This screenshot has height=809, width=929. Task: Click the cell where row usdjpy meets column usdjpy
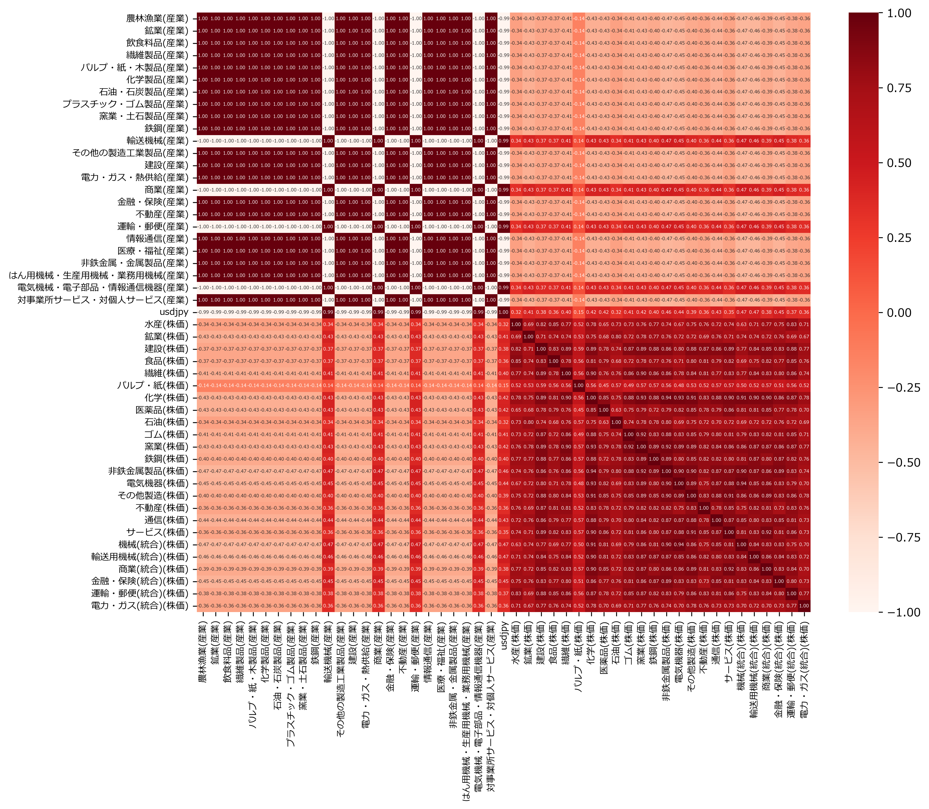503,312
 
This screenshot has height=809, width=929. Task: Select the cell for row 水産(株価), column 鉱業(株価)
528,324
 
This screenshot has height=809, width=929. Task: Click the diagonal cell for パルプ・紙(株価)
578,385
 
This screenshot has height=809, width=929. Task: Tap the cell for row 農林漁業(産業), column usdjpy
503,19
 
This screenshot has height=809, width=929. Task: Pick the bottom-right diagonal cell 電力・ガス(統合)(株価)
804,606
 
